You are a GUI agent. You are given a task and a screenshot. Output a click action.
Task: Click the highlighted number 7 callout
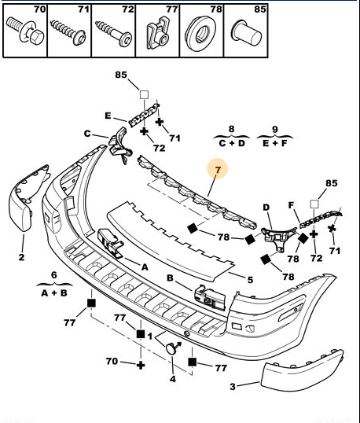218,170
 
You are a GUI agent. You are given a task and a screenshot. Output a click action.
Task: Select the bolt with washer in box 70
25,31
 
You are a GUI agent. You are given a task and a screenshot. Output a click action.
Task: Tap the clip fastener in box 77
158,34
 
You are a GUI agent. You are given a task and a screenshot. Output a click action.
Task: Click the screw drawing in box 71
68,31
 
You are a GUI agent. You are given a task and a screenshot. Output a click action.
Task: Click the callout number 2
21,257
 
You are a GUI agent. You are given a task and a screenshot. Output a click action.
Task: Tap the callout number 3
233,386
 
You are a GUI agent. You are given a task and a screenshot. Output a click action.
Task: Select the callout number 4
173,379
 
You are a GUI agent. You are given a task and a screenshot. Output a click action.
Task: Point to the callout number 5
250,280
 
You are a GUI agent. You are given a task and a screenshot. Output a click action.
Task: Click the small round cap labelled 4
171,348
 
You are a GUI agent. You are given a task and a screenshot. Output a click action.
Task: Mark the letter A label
145,267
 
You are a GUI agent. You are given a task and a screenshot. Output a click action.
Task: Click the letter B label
170,278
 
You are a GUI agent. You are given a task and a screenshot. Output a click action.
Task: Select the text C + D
232,143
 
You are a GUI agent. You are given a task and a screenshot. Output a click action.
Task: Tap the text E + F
275,143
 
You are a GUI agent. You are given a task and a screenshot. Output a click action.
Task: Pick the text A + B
54,292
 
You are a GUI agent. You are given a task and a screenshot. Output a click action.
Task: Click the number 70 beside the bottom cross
112,361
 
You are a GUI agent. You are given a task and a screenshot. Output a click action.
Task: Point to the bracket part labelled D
277,238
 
